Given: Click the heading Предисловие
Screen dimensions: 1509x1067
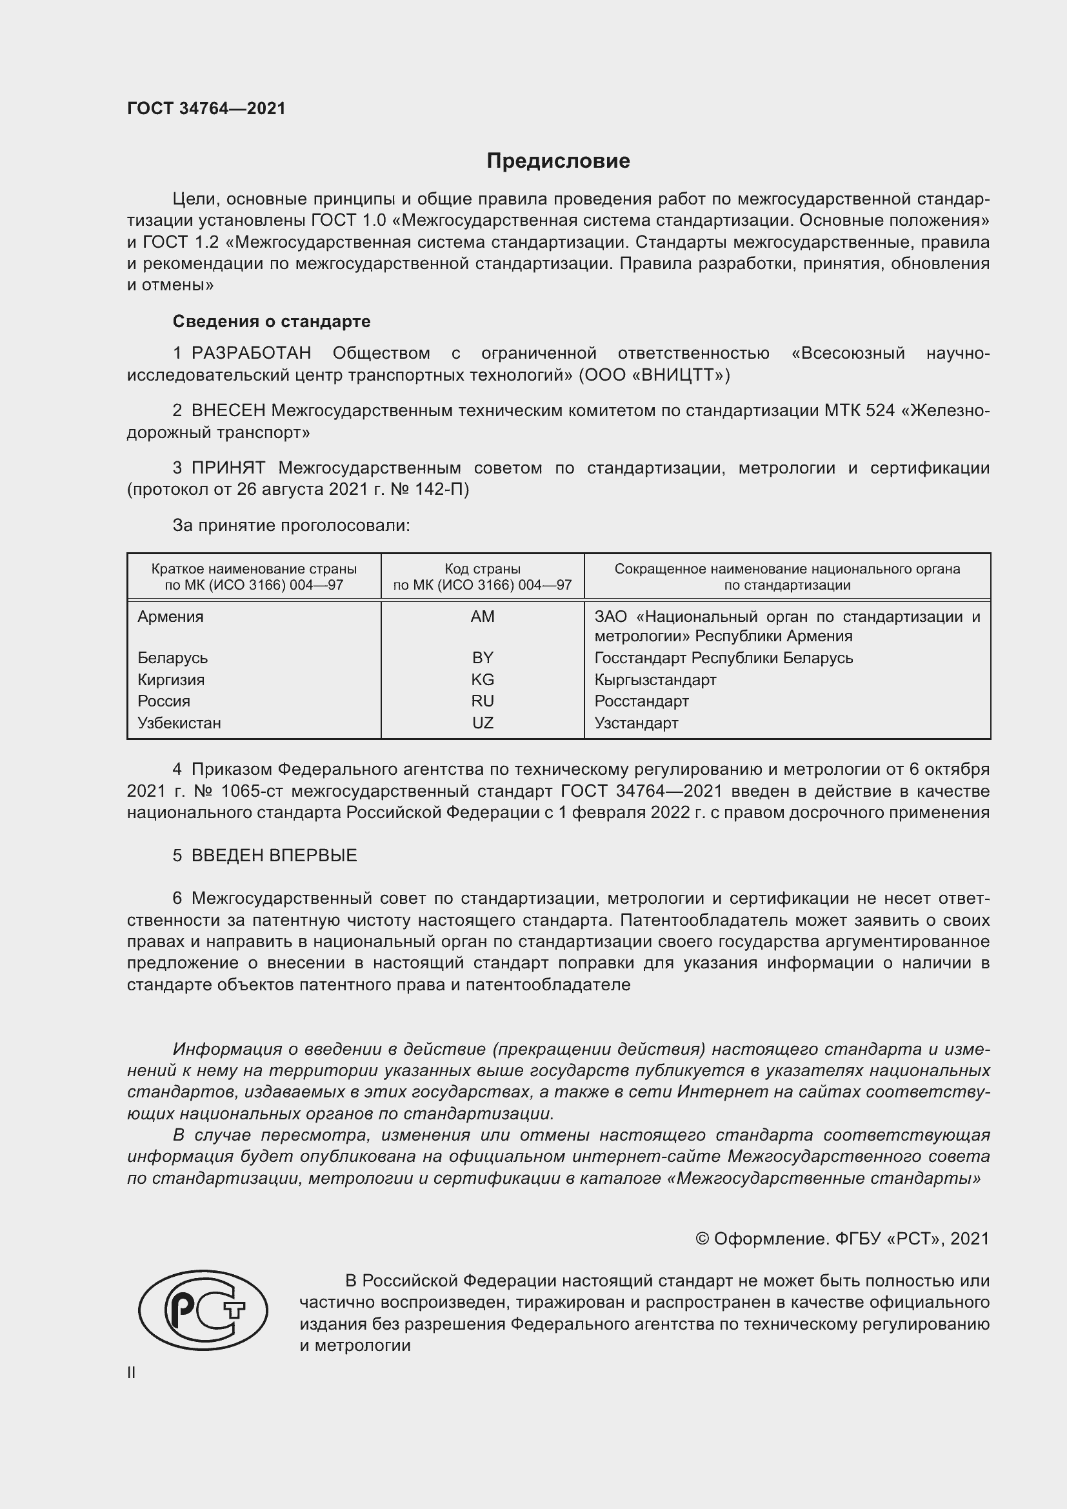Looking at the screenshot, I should [558, 161].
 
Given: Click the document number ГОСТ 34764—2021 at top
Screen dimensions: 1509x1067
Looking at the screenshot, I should [206, 108].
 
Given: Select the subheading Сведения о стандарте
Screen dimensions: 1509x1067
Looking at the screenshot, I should [272, 321].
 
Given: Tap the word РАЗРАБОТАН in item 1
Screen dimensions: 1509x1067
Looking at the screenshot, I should [251, 354].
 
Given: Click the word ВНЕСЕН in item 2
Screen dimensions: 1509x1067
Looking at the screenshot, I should [228, 411].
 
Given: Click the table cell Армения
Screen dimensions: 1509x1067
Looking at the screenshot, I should [171, 617].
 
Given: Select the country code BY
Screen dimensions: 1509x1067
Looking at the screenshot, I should [483, 658].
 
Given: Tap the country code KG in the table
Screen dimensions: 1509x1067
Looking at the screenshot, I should [483, 679].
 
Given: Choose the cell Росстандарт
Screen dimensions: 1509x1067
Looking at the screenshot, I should [641, 701].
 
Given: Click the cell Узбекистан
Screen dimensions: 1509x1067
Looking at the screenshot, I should [179, 723].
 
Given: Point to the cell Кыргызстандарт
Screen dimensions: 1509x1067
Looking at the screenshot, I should [655, 679].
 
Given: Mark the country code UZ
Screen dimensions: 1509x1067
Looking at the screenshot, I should [483, 723].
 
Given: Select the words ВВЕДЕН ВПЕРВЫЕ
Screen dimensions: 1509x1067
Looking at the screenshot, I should [274, 855].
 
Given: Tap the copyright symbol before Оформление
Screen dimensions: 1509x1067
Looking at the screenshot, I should [702, 1239].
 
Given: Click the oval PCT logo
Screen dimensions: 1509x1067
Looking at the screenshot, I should [203, 1310].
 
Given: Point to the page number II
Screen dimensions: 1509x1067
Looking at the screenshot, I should [132, 1372].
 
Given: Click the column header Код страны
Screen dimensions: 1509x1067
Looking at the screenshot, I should [483, 569].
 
